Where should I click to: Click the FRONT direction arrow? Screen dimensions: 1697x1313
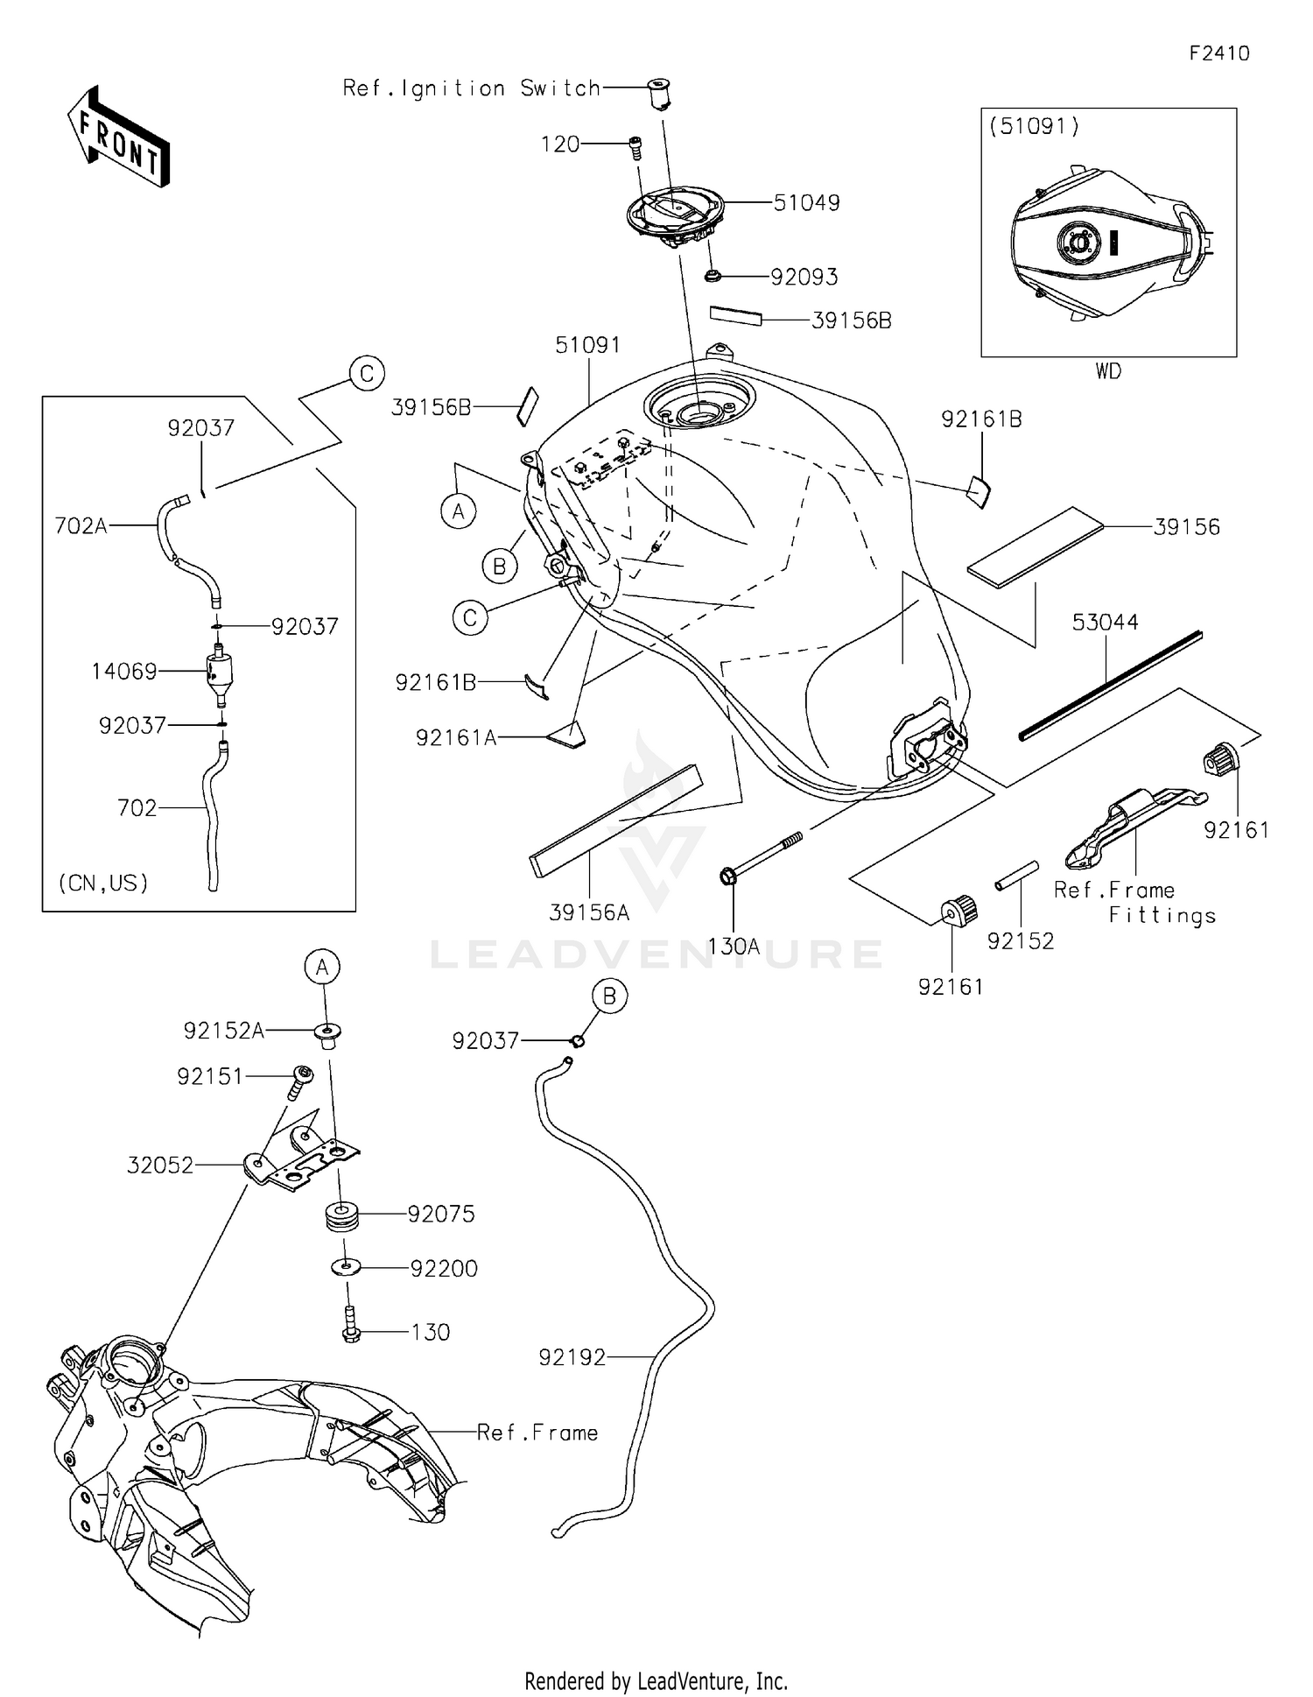pos(118,137)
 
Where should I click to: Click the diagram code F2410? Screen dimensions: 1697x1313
pos(1218,53)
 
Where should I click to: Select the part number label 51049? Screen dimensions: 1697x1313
pos(806,203)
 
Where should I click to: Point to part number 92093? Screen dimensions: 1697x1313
pos(804,278)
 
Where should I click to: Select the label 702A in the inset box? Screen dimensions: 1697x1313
pos(81,525)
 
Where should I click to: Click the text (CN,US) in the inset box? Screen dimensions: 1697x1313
pos(103,883)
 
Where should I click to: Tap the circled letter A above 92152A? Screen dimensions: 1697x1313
pos(322,968)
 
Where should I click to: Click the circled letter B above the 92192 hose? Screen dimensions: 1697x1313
pos(609,996)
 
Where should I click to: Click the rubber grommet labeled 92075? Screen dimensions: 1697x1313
pos(342,1217)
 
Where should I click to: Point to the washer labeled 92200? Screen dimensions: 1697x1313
pos(348,1267)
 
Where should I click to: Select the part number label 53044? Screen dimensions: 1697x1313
pos(1105,623)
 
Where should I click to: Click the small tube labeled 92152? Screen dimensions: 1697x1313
pos(1016,876)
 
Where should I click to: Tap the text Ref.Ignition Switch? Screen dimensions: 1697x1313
pos(471,88)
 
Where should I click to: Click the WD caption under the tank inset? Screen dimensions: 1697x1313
pos(1107,371)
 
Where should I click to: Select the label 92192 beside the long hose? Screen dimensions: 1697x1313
pos(572,1357)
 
